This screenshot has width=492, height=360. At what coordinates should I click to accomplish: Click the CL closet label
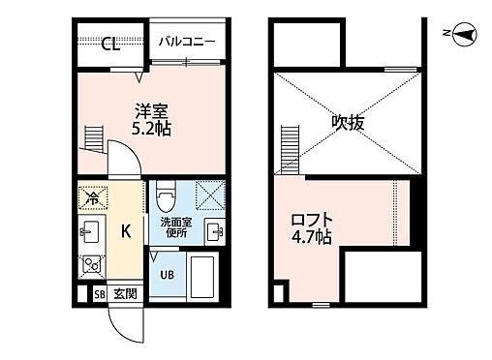pyautogui.click(x=109, y=43)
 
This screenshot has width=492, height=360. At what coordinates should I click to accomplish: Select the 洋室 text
pyautogui.click(x=147, y=109)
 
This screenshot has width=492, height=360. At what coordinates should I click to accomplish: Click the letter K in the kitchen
pyautogui.click(x=125, y=231)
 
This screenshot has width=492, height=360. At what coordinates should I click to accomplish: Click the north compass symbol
pyautogui.click(x=462, y=36)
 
